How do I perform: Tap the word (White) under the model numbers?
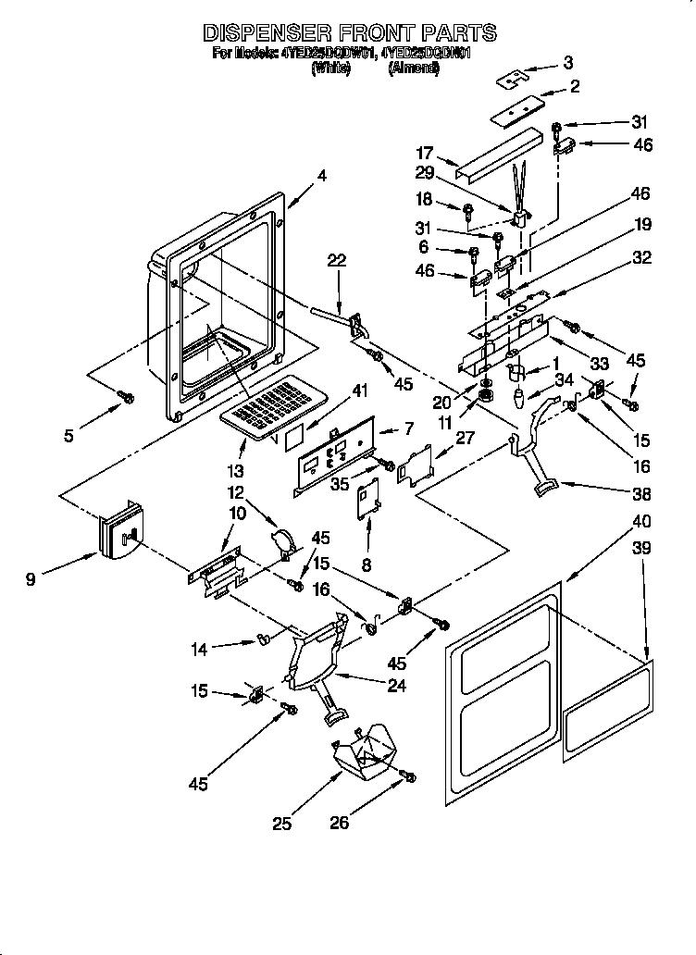pos(331,68)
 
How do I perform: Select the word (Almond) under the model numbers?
pos(413,68)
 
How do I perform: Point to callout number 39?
pos(640,548)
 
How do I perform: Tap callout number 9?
pos(32,580)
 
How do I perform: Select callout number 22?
pos(336,261)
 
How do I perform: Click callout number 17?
pos(424,154)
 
